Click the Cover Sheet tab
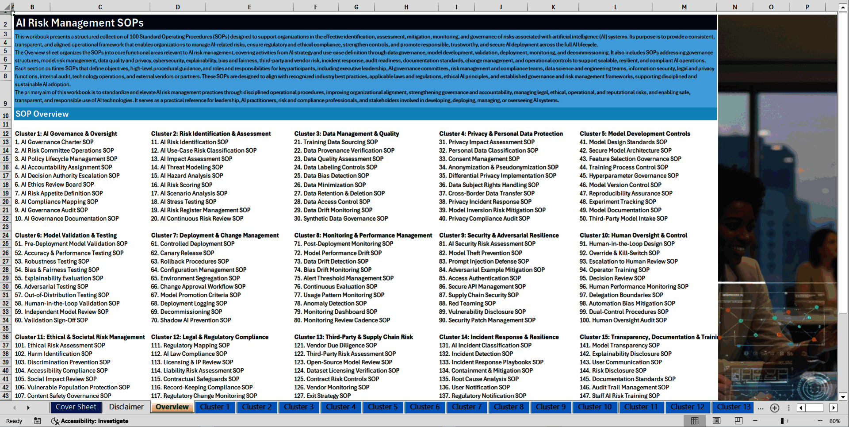[x=76, y=407]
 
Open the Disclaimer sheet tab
[x=126, y=407]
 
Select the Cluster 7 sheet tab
[x=467, y=407]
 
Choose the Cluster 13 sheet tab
[x=733, y=407]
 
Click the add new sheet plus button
[x=775, y=408]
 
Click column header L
[x=615, y=7]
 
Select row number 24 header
[x=6, y=235]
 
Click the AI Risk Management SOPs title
[x=80, y=23]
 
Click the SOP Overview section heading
[x=42, y=114]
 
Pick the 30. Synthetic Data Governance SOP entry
[x=341, y=219]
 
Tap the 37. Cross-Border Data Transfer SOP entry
[x=486, y=193]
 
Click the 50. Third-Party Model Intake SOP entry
[x=623, y=219]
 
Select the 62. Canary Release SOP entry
[x=183, y=253]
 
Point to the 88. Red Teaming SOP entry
[x=467, y=304]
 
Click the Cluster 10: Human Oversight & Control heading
[x=633, y=235]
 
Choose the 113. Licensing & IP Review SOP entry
[x=192, y=362]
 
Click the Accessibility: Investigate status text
[x=94, y=421]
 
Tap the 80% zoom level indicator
[x=834, y=421]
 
